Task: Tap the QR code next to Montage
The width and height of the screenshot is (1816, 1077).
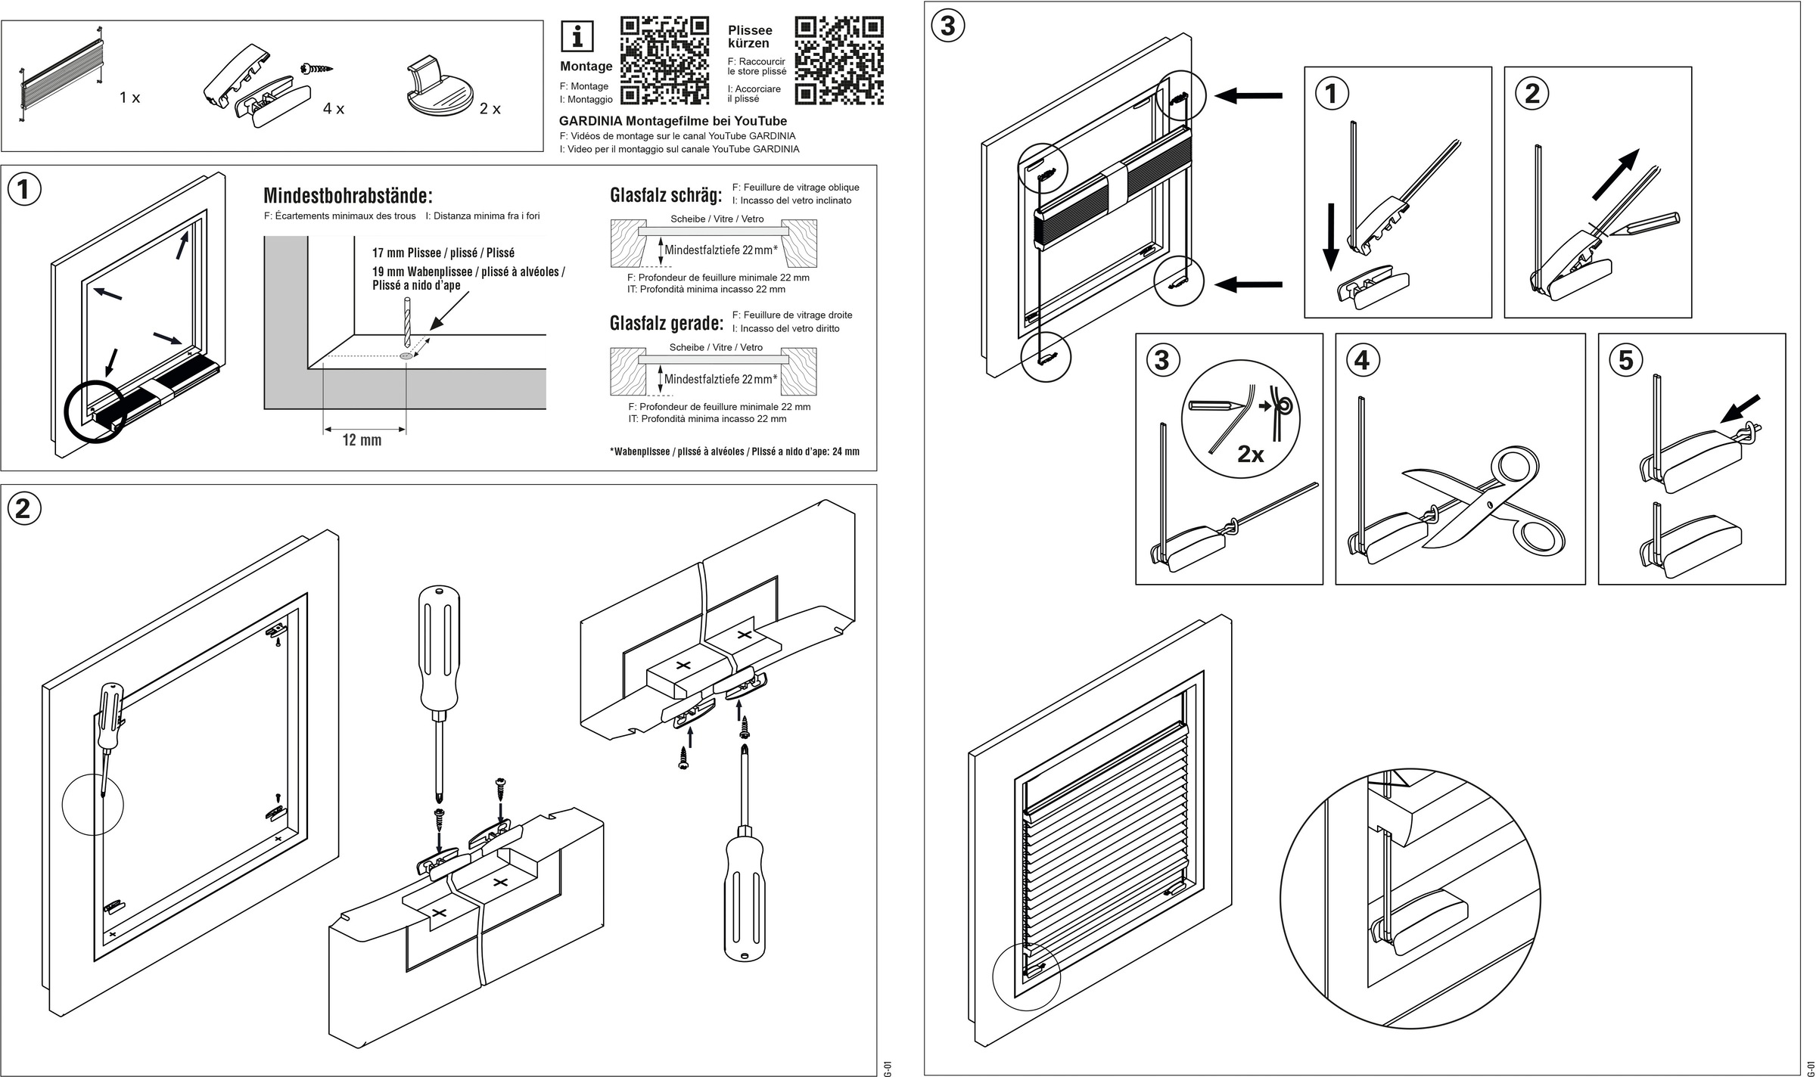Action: [664, 60]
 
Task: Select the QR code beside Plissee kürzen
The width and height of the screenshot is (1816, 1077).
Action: [839, 60]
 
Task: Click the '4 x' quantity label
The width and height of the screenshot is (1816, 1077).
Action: [334, 109]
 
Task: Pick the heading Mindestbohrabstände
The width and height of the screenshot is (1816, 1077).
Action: [348, 196]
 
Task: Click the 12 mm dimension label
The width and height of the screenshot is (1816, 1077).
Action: [362, 440]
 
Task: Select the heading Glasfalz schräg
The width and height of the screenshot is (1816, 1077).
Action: [666, 195]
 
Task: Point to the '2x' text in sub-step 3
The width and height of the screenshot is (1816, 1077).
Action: [1251, 454]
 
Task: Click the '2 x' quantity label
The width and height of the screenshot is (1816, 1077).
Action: [490, 109]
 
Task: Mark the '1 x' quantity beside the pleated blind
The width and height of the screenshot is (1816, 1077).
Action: [130, 98]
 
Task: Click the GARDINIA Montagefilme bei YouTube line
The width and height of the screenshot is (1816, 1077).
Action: [673, 121]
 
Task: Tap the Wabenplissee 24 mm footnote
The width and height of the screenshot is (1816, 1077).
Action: [734, 452]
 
